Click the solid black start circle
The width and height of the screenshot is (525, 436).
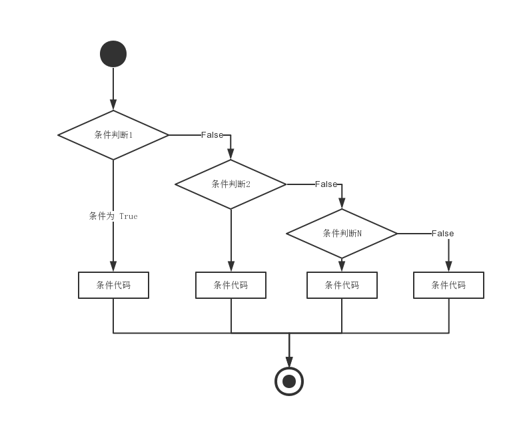(x=113, y=54)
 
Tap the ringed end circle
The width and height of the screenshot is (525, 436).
(x=289, y=381)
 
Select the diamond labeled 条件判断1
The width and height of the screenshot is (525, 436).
(x=113, y=135)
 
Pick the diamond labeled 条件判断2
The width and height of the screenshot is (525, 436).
(x=231, y=184)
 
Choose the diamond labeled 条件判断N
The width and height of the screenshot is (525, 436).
(x=342, y=234)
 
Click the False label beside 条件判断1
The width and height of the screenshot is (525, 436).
(x=212, y=135)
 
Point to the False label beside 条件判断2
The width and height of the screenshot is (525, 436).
(x=326, y=184)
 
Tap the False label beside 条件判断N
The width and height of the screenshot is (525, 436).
(x=442, y=234)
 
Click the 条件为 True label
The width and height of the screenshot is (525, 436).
(x=113, y=216)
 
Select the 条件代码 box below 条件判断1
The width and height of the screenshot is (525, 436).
(x=113, y=285)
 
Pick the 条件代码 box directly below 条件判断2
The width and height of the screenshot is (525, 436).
(x=231, y=285)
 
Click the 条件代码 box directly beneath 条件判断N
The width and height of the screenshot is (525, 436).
(x=342, y=285)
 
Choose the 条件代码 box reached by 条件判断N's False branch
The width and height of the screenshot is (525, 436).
(x=448, y=285)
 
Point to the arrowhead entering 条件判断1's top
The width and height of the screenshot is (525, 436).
(x=113, y=105)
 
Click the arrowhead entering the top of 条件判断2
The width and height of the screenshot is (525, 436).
(x=231, y=154)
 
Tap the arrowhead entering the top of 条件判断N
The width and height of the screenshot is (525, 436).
(x=342, y=204)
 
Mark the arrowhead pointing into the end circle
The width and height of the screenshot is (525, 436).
(x=289, y=361)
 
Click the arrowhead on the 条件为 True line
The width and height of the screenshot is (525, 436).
(x=113, y=266)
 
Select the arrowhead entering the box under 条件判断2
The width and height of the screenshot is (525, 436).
(x=231, y=266)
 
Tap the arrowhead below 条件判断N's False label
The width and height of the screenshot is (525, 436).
(x=448, y=266)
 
